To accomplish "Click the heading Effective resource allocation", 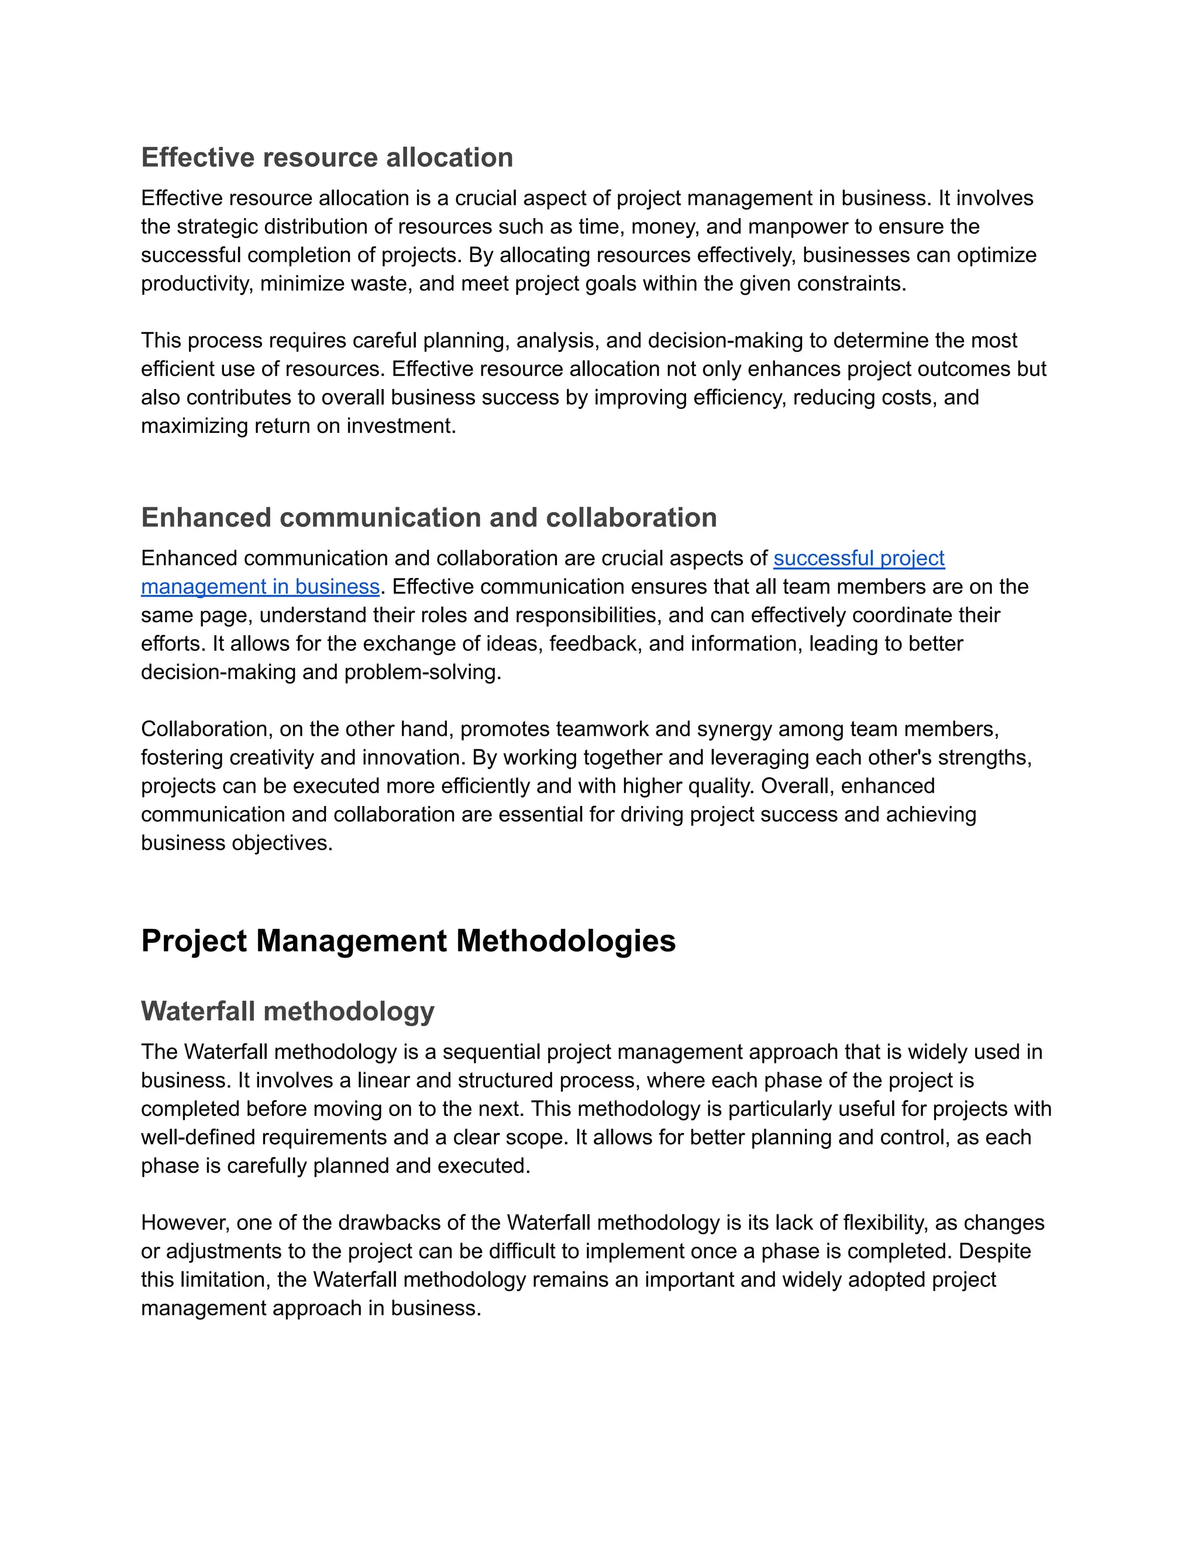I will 326,157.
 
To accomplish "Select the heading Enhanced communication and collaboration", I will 429,518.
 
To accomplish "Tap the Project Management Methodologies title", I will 408,941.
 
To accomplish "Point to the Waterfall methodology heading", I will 287,1011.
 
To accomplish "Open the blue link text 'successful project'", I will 859,558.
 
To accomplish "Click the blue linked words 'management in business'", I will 260,586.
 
